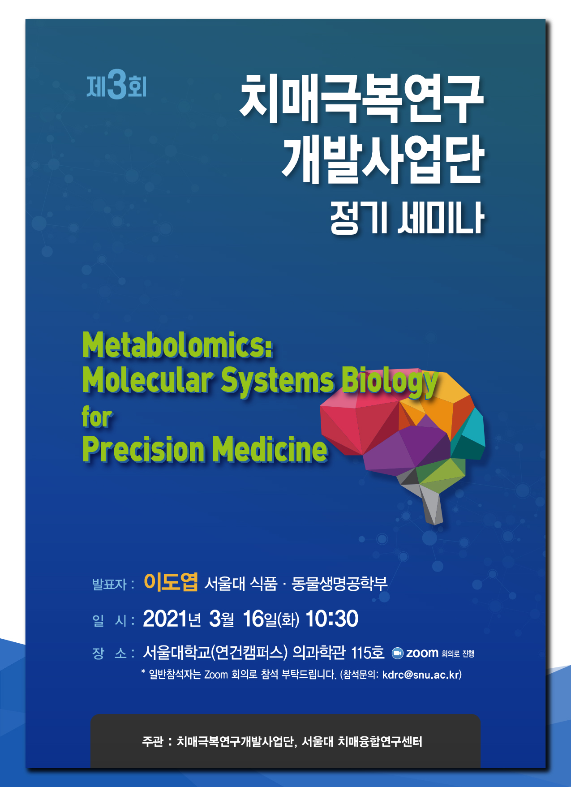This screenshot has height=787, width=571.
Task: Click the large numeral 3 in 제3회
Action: click(x=117, y=85)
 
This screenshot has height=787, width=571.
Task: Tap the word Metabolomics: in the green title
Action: click(x=178, y=345)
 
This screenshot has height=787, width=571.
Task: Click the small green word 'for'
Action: click(x=97, y=417)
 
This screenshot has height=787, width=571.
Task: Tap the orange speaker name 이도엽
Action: click(x=171, y=582)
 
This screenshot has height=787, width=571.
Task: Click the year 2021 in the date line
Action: click(x=165, y=619)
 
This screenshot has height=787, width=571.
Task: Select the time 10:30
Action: click(x=332, y=619)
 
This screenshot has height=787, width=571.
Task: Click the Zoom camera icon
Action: click(x=398, y=654)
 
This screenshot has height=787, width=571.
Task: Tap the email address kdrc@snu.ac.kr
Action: click(x=421, y=675)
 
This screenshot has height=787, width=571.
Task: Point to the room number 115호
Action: click(x=368, y=653)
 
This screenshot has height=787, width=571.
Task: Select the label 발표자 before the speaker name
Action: click(x=110, y=584)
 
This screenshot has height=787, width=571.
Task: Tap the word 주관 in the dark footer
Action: click(x=152, y=742)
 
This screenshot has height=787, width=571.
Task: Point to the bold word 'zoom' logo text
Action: click(x=422, y=653)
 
